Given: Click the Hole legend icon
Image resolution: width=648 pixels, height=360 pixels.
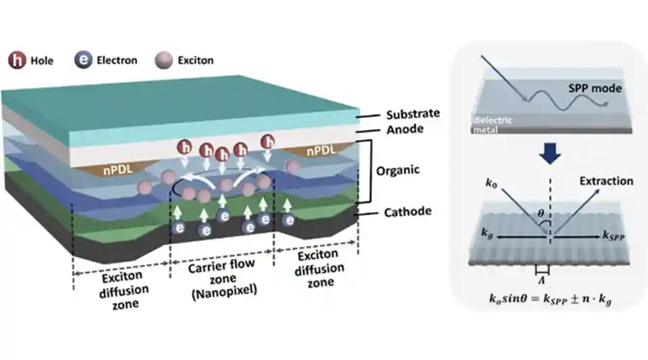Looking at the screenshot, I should click(15, 61).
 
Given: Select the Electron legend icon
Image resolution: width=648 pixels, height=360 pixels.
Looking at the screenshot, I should click(84, 61).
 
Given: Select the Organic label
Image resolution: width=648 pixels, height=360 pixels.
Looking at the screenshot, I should click(400, 173).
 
